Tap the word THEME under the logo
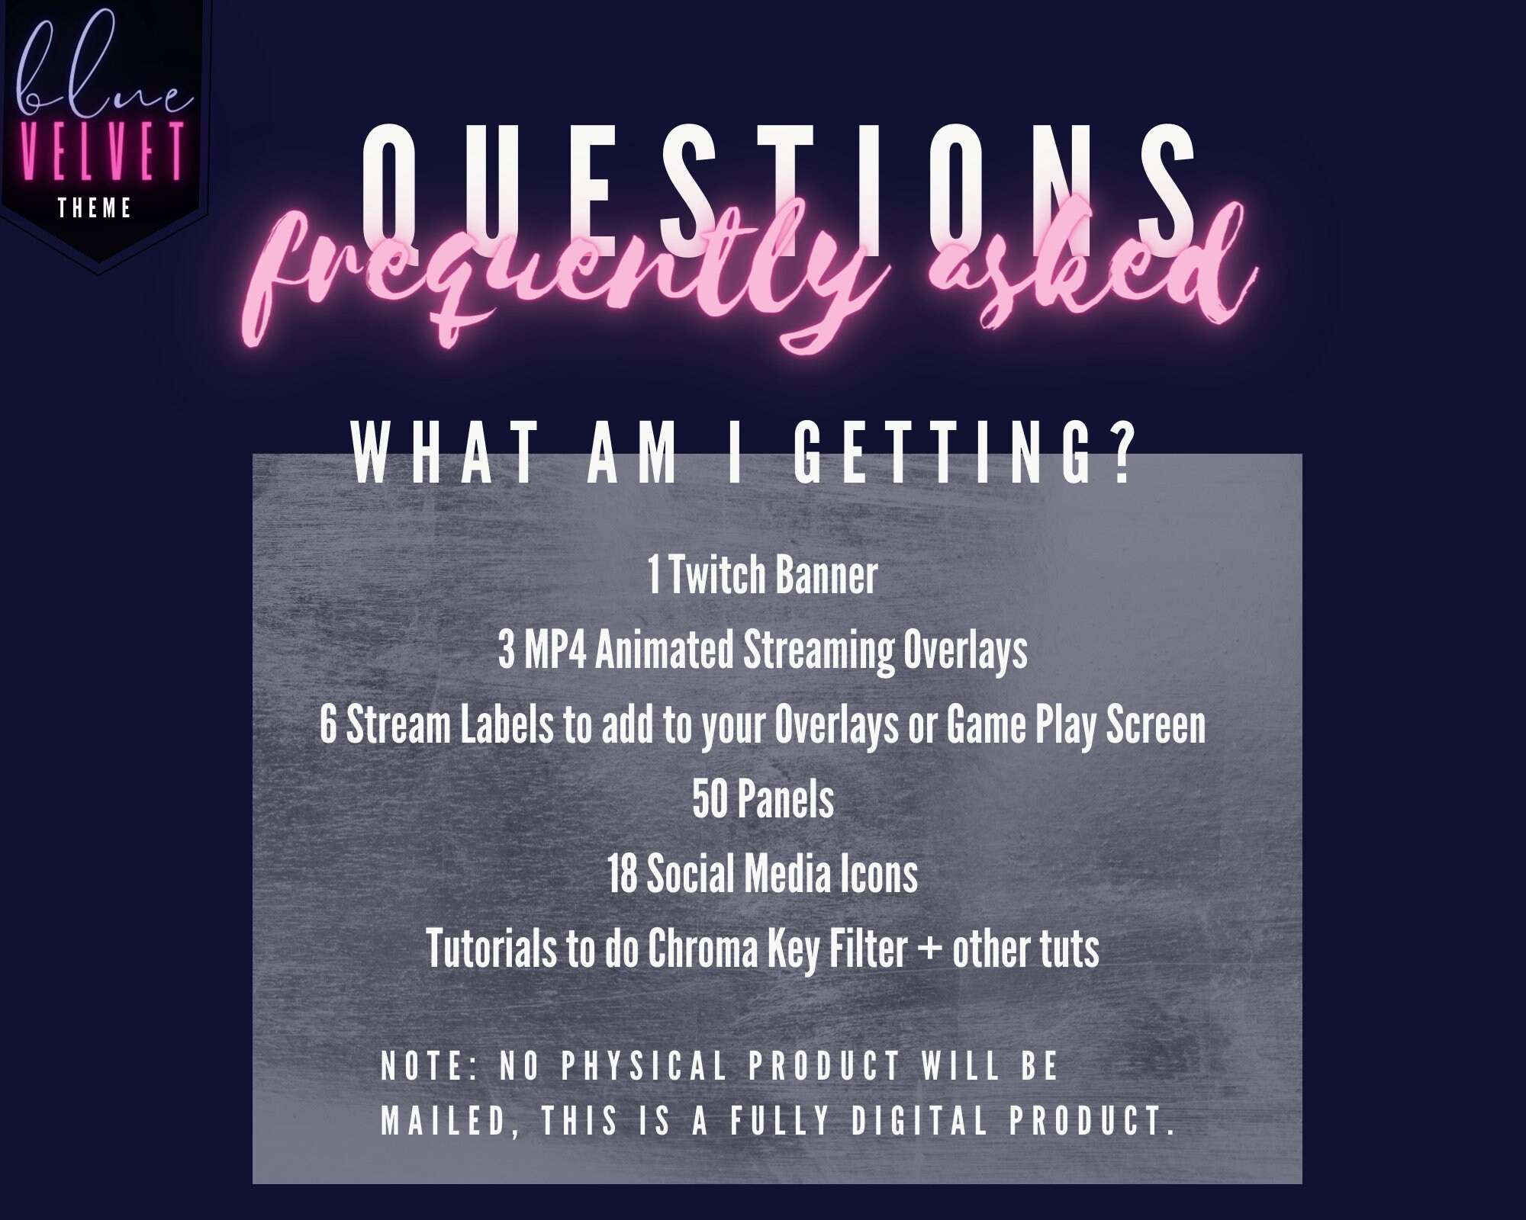[95, 208]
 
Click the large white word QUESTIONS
[778, 191]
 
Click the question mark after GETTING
[1121, 455]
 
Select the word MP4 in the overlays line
[555, 650]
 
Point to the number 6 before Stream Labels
[328, 725]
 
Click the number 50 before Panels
[710, 800]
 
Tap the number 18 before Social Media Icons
[622, 875]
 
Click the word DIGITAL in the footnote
[919, 1121]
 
